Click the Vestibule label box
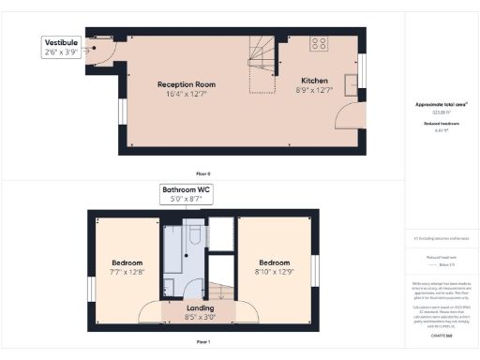coord(60,48)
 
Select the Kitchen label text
coord(314,81)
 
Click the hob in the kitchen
coord(319,42)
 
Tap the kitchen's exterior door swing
coord(351,117)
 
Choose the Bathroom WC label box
coord(186,194)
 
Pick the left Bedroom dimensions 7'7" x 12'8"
coord(127,273)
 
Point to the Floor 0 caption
coord(202,174)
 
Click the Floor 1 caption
coord(202,344)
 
